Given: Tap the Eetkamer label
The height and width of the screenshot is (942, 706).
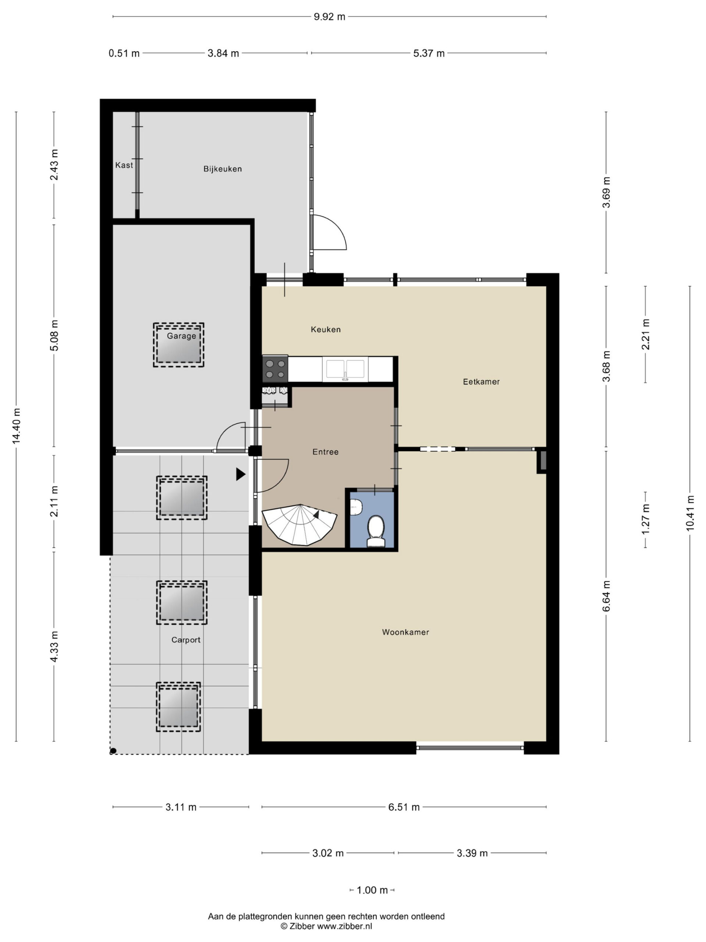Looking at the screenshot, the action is [481, 382].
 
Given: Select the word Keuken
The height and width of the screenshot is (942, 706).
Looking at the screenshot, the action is [325, 329].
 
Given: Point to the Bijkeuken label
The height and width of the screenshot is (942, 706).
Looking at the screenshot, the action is [222, 169].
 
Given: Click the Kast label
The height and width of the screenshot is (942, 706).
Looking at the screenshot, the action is [124, 165].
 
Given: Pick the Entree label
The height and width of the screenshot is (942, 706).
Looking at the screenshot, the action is [325, 452].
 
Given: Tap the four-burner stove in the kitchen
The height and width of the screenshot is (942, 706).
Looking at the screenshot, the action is [275, 369].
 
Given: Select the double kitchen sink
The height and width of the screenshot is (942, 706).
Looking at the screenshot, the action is [346, 369].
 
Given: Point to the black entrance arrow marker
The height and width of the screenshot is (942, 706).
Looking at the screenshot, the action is [241, 474].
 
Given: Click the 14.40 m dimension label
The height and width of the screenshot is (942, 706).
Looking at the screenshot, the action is [17, 426].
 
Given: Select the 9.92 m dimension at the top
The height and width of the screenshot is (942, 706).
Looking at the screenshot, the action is [329, 17].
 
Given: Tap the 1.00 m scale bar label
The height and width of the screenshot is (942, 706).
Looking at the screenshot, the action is [372, 890].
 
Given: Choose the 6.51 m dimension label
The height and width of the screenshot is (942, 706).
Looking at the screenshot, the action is [404, 807].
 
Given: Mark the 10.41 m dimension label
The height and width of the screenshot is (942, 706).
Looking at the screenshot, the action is [690, 513].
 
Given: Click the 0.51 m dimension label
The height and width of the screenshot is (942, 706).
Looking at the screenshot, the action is [124, 53].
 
